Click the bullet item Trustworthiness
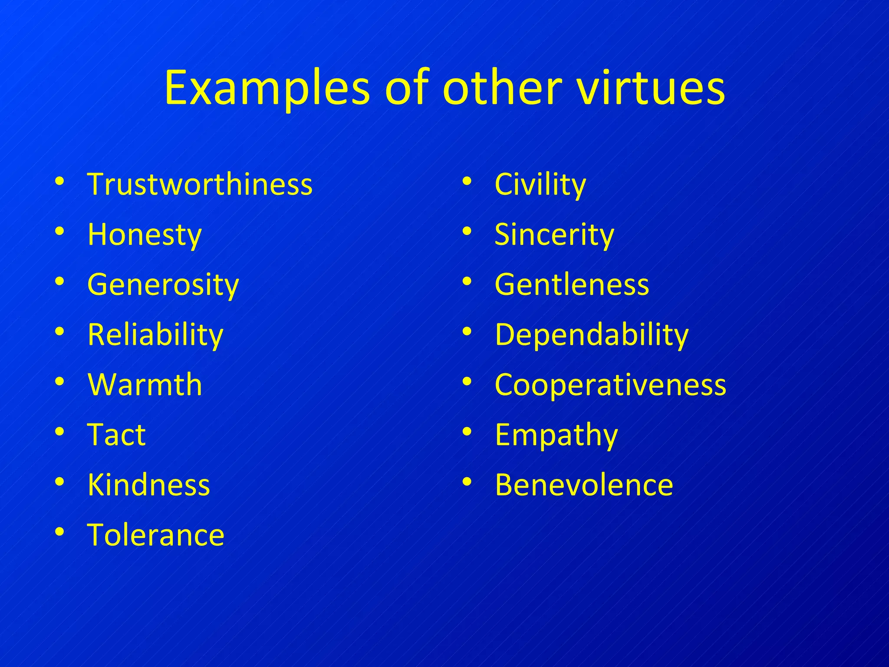click(200, 184)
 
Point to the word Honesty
click(145, 234)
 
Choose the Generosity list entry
click(163, 285)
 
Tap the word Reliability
click(155, 335)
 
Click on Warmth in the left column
click(145, 385)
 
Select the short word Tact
click(116, 435)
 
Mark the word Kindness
click(149, 485)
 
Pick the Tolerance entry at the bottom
click(156, 535)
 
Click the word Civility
click(540, 184)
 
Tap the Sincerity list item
click(554, 234)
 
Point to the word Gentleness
click(572, 285)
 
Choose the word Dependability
click(592, 335)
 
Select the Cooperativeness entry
click(610, 385)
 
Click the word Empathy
click(556, 435)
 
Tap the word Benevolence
click(584, 485)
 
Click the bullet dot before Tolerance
click(60, 532)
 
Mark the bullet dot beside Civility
click(467, 181)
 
